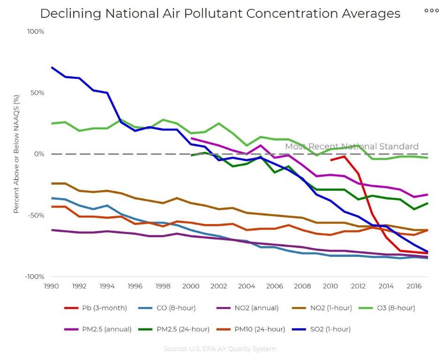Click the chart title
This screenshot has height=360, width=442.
(220, 13)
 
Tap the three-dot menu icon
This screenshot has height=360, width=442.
(431, 10)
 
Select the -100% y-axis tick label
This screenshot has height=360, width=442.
(35, 277)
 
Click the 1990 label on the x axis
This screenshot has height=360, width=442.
(51, 285)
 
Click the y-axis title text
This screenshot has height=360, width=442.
(16, 154)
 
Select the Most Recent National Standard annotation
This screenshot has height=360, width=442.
(352, 146)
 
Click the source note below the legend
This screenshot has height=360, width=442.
(220, 349)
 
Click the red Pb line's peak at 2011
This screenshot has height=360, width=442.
(345, 157)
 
